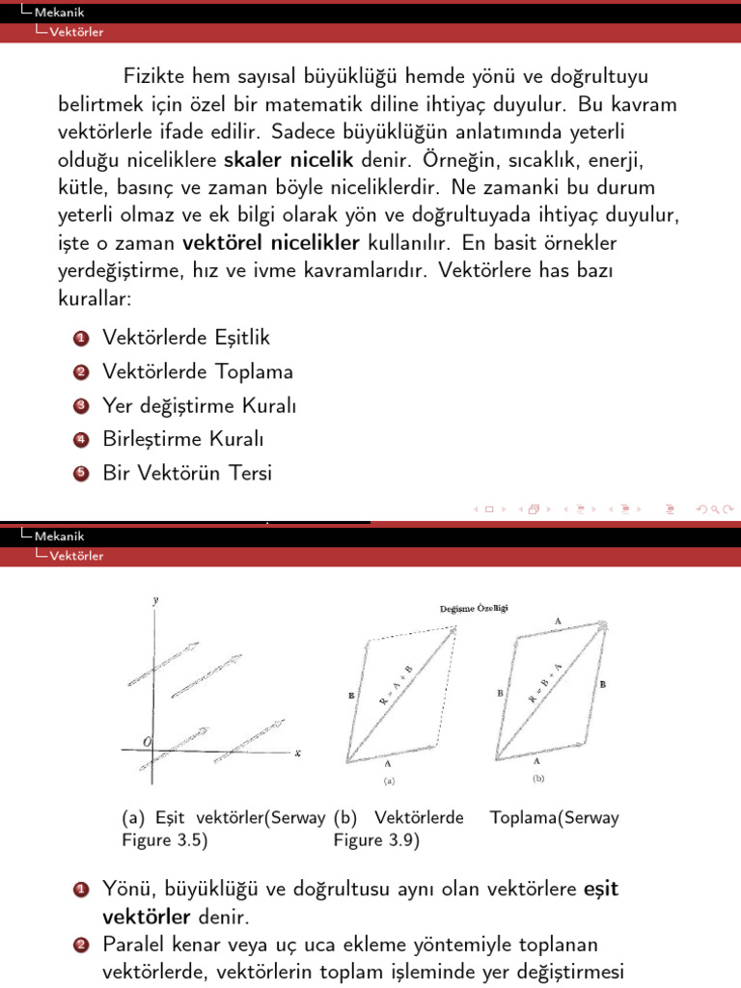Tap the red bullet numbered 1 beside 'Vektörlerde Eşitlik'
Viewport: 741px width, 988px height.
(81, 339)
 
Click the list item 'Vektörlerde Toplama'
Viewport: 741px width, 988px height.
(198, 371)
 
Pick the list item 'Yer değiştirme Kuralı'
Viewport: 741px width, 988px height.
(199, 406)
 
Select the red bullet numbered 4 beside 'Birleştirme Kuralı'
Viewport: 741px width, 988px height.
(81, 440)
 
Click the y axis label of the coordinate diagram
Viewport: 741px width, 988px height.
(155, 600)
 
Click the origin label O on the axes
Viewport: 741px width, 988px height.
(147, 740)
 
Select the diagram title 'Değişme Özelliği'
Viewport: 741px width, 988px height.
(473, 608)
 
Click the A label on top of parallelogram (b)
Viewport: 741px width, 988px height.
(558, 621)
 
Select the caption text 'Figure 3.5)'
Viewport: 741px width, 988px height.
(165, 839)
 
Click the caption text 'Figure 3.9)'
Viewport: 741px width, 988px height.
(376, 839)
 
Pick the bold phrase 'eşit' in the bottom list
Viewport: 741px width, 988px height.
(600, 889)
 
